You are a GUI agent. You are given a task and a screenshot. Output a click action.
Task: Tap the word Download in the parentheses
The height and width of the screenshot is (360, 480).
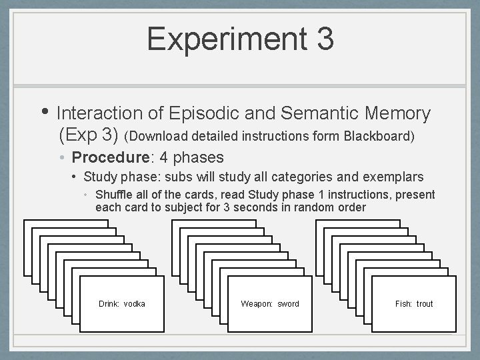tap(160, 136)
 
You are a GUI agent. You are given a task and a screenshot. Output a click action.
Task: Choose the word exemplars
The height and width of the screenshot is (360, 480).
tap(393, 177)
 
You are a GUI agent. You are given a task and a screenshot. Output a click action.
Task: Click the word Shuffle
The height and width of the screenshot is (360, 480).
tap(114, 195)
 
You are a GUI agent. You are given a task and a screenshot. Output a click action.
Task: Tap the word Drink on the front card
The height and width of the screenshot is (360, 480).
tap(109, 304)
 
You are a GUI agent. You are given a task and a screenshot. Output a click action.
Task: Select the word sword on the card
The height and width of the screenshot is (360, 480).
tap(288, 304)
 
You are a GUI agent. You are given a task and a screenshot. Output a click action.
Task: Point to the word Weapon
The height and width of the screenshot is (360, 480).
tap(257, 304)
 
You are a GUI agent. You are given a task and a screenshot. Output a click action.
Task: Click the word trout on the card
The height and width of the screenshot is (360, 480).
tap(425, 304)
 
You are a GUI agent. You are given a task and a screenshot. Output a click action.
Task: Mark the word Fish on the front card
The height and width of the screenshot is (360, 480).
tap(403, 304)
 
